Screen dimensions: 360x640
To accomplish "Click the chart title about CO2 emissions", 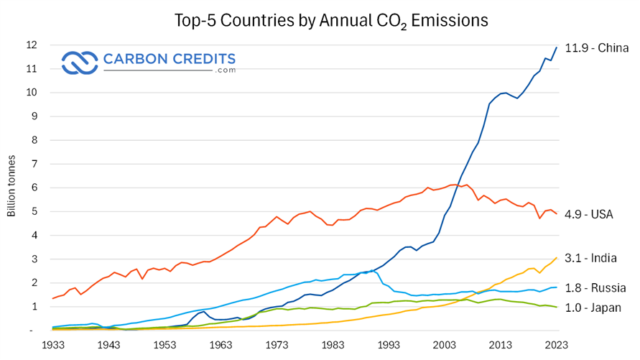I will pyautogui.click(x=331, y=20).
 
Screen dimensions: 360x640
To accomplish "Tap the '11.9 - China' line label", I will pyautogui.click(x=597, y=49).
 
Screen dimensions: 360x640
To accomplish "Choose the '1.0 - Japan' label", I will pyautogui.click(x=595, y=308).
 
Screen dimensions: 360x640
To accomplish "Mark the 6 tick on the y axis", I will pyautogui.click(x=32, y=188).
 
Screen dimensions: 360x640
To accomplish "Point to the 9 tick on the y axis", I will pyautogui.click(x=32, y=116).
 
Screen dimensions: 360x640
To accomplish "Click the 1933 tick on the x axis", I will pyautogui.click(x=52, y=345).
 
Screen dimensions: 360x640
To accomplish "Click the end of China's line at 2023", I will pyautogui.click(x=557, y=47).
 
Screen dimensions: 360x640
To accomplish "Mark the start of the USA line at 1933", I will pyautogui.click(x=53, y=298).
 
